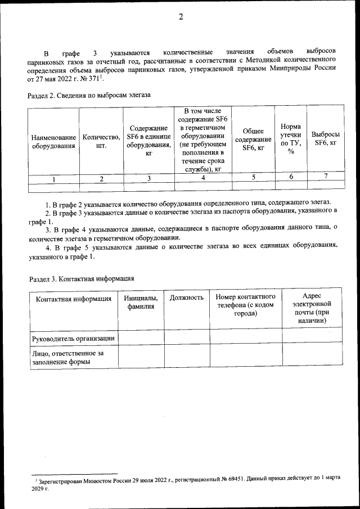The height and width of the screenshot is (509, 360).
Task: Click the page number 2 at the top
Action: click(181, 17)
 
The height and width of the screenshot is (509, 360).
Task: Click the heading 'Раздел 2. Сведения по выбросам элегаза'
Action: click(89, 95)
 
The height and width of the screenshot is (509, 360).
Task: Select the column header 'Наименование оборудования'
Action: click(53, 142)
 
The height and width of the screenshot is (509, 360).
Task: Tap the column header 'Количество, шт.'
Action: click(101, 141)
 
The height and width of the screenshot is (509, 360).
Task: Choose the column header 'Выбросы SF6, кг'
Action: click(326, 139)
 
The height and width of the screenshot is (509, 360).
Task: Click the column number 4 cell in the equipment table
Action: click(202, 178)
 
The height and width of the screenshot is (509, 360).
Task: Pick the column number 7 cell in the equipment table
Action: click(326, 177)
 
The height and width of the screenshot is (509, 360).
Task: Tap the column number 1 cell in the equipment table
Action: click(53, 179)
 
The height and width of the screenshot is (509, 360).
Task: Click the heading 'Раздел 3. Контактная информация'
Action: click(81, 278)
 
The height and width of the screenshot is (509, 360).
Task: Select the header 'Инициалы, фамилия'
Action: click(141, 302)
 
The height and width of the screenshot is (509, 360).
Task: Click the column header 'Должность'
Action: click(187, 298)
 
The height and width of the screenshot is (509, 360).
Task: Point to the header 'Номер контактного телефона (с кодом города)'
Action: click(246, 305)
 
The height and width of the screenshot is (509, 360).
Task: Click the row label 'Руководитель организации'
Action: click(73, 338)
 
